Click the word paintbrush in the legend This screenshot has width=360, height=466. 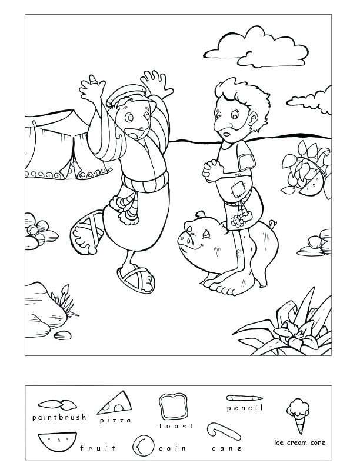pos(59,417)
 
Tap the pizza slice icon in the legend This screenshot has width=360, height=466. pos(115,403)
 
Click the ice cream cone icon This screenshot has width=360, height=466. pos(298,415)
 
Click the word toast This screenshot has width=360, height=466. pos(176,426)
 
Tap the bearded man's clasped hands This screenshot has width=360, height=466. pos(212,169)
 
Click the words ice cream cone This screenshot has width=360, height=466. pos(299,442)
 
